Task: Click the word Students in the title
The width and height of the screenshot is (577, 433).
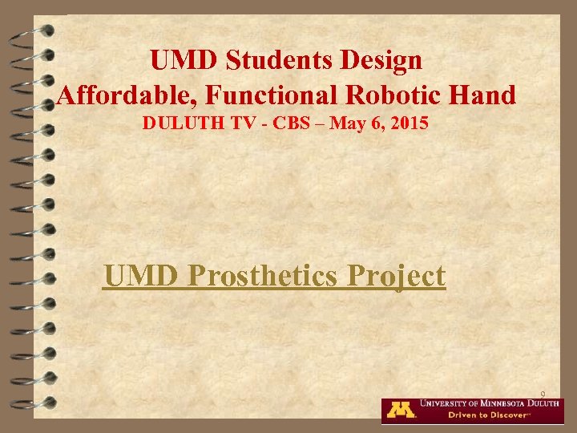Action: tap(272, 60)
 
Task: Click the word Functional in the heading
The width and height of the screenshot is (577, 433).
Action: tap(272, 96)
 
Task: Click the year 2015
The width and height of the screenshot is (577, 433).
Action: tap(406, 125)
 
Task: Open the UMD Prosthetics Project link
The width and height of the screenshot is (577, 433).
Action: tap(274, 277)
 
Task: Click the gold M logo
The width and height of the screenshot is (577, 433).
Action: tap(401, 409)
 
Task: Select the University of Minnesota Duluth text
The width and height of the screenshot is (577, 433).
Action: tap(490, 403)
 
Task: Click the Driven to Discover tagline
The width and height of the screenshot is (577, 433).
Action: tap(482, 415)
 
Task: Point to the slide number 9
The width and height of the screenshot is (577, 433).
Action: tap(543, 394)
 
